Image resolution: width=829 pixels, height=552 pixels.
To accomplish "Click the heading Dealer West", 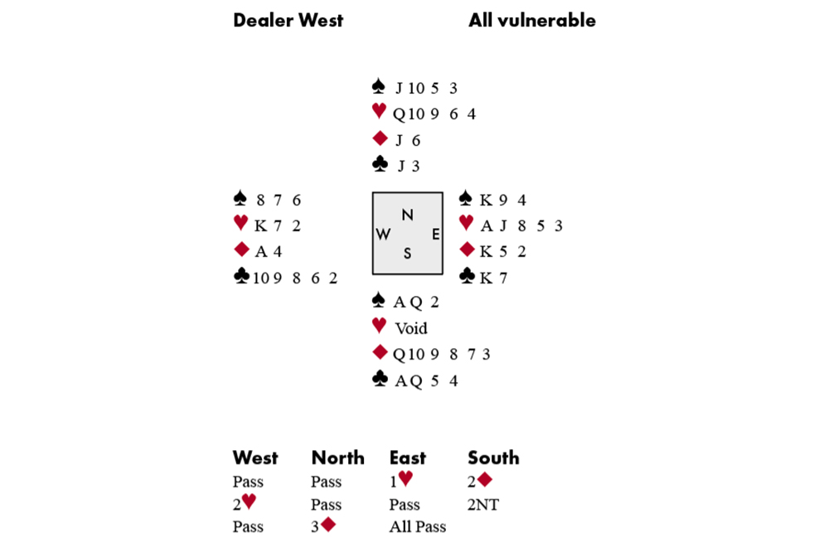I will (288, 21).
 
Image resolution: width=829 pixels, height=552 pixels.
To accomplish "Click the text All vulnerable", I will (531, 21).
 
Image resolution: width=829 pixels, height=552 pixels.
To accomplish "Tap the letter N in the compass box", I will (407, 215).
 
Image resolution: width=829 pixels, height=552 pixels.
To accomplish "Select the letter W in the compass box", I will (383, 235).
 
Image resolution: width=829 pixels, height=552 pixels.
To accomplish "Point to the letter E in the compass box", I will (434, 235).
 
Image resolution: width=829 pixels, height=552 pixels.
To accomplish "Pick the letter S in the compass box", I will (407, 254).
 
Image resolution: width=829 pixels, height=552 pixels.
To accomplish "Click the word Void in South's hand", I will (411, 328).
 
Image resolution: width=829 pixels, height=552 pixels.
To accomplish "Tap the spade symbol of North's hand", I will (379, 86).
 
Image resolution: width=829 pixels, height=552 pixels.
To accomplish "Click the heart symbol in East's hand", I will (467, 225).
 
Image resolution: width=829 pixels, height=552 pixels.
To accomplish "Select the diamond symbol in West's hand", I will (241, 250).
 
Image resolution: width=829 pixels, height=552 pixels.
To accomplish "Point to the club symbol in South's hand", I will (380, 380).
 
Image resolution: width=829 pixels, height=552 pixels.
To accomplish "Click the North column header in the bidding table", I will (337, 458).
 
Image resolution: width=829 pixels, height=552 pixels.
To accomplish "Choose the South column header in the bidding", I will (493, 458).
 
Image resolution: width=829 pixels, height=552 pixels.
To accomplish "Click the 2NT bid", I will (483, 504).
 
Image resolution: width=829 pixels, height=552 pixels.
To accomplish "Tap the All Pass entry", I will (417, 526).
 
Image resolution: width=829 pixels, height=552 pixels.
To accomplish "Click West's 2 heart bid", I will (245, 504).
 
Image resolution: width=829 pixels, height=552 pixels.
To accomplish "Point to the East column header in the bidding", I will (408, 458).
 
